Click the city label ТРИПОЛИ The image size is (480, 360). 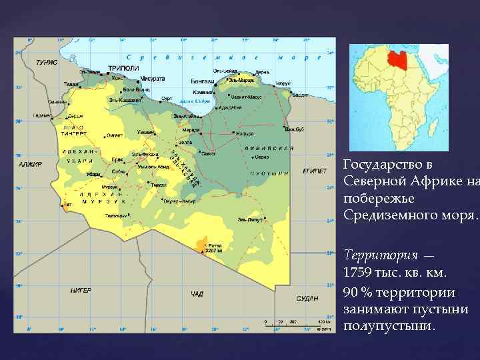point(123,68)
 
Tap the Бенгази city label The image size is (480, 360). point(203,81)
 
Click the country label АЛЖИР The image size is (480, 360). point(31,164)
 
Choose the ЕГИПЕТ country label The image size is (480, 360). point(315,171)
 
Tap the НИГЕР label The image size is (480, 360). point(81,291)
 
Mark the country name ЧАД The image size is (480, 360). point(197,294)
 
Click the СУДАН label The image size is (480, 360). point(307,298)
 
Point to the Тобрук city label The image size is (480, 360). point(283,83)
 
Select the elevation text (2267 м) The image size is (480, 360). point(213,251)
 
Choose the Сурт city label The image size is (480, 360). point(167,99)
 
